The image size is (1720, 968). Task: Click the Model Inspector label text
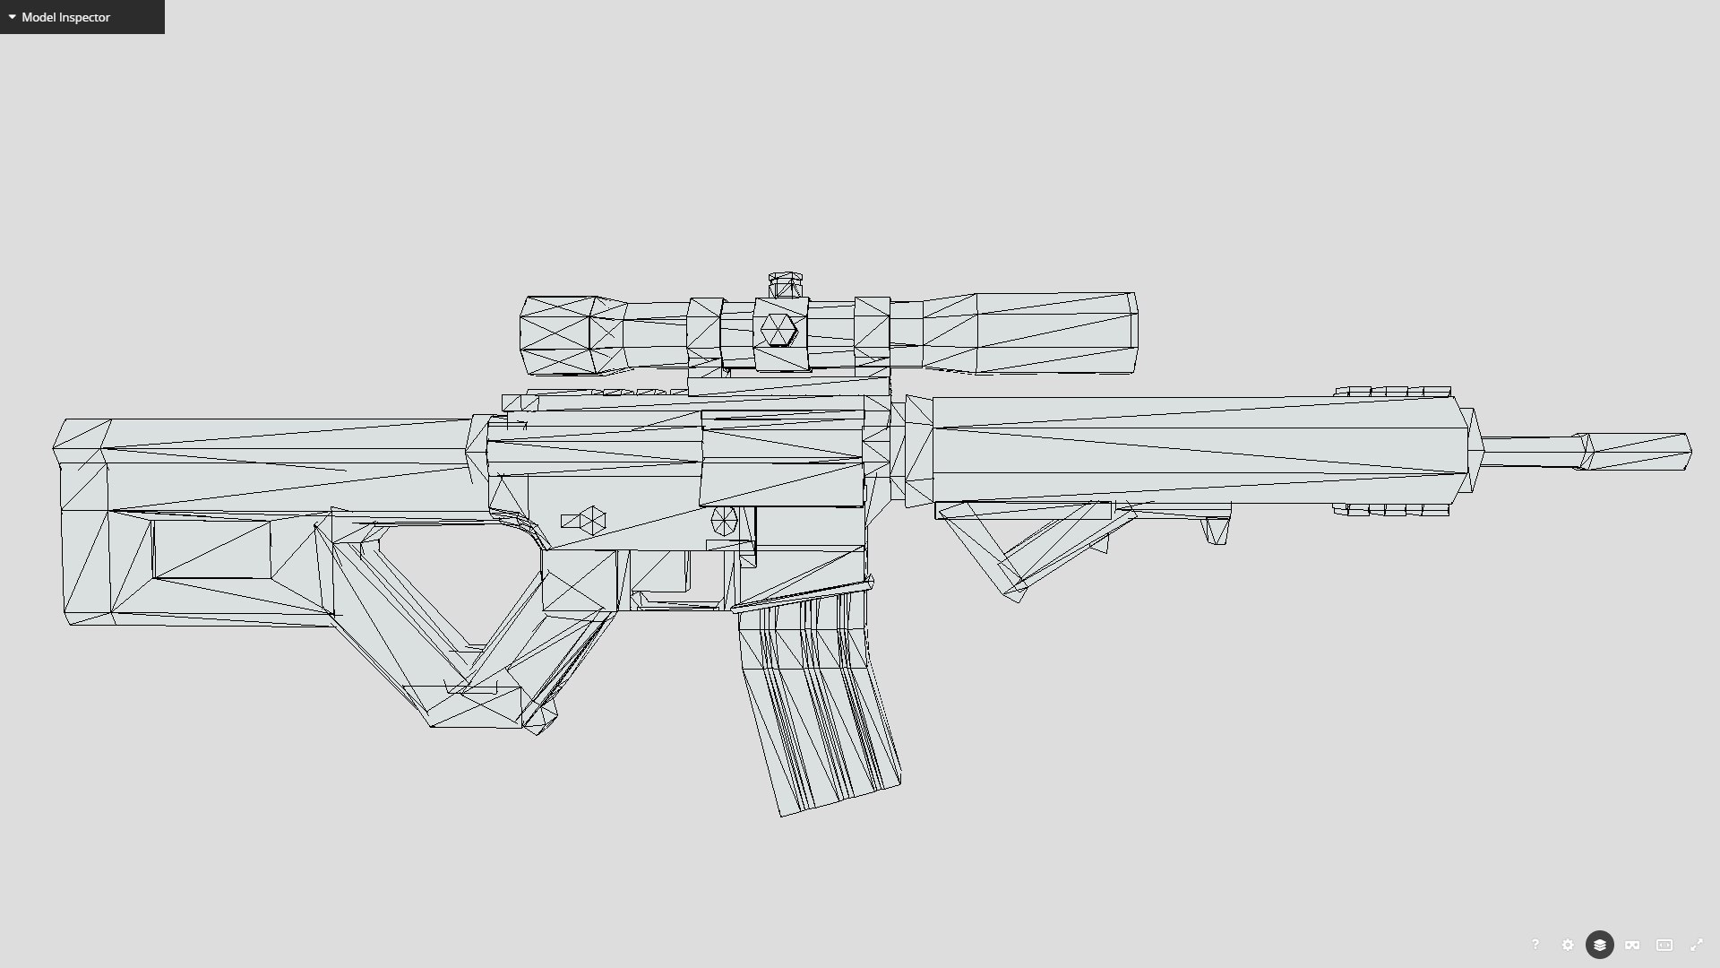[65, 17]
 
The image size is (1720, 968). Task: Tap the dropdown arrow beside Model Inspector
[12, 17]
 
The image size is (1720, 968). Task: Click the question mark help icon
[1535, 945]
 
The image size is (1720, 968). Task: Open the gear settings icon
[1567, 945]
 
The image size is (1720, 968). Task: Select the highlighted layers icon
[1599, 945]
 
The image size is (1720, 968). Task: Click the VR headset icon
[1632, 945]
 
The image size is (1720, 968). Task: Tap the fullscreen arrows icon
[1697, 945]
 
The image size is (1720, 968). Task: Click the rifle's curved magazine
[815, 708]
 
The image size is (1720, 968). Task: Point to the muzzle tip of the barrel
[1684, 451]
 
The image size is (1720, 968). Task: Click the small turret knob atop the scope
[786, 285]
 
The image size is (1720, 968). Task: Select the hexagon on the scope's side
[778, 330]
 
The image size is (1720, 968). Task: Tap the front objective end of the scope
[1131, 332]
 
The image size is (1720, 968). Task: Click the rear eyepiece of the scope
[529, 335]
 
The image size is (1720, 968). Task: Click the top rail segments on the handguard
[1392, 392]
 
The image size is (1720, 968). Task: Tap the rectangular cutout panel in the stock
[211, 549]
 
